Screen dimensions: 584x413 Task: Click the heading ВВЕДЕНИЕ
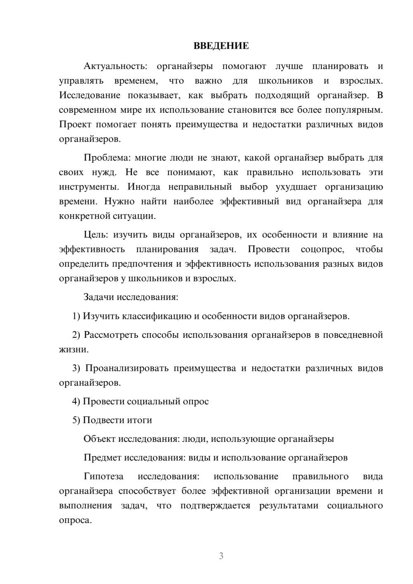pyautogui.click(x=221, y=46)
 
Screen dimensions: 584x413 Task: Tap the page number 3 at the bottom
pyautogui.click(x=221, y=556)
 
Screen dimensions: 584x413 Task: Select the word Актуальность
pyautogui.click(x=114, y=66)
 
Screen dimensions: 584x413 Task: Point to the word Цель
pyautogui.click(x=96, y=235)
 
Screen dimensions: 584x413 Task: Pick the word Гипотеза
pyautogui.click(x=103, y=477)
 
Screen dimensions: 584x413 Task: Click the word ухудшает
pyautogui.click(x=296, y=187)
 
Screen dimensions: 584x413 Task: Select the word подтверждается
pyautogui.click(x=215, y=506)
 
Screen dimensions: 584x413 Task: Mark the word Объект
pyautogui.click(x=100, y=439)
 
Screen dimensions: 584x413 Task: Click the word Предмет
pyautogui.click(x=103, y=458)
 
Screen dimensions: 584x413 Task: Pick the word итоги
pyautogui.click(x=140, y=420)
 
